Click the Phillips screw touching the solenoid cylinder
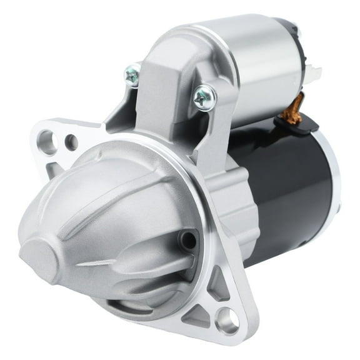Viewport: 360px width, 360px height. point(204,97)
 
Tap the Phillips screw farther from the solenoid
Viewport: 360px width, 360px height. point(132,76)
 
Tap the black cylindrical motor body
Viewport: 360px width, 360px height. point(294,187)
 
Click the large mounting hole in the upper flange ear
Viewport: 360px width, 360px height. point(47,139)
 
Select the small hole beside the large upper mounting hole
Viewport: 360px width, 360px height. point(71,142)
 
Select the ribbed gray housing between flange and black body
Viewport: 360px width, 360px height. point(241,206)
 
